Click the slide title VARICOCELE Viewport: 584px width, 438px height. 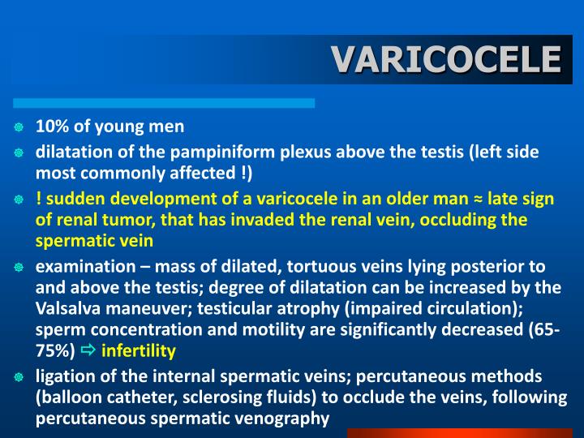pyautogui.click(x=447, y=58)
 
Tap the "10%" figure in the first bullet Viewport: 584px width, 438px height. pyautogui.click(x=52, y=127)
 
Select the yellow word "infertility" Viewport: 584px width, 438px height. pyautogui.click(x=139, y=351)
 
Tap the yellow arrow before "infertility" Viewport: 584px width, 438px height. pyautogui.click(x=88, y=350)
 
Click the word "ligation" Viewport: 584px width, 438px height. pyautogui.click(x=65, y=376)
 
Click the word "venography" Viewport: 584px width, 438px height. pyautogui.click(x=287, y=419)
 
